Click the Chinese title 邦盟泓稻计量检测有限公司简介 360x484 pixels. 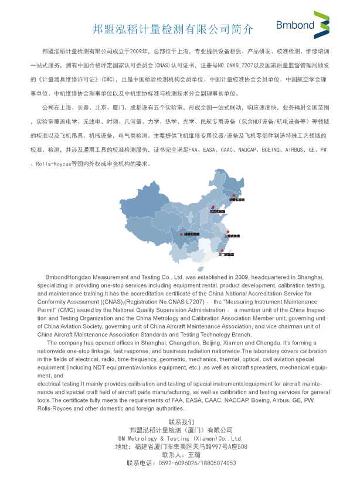pyautogui.click(x=174, y=29)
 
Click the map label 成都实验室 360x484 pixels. pyautogui.click(x=192, y=234)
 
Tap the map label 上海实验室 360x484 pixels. pyautogui.click(x=232, y=236)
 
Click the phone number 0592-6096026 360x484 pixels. pyautogui.click(x=178, y=463)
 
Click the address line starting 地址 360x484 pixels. pyautogui.click(x=181, y=446)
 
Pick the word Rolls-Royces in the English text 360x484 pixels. pyautogui.click(x=55, y=408)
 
